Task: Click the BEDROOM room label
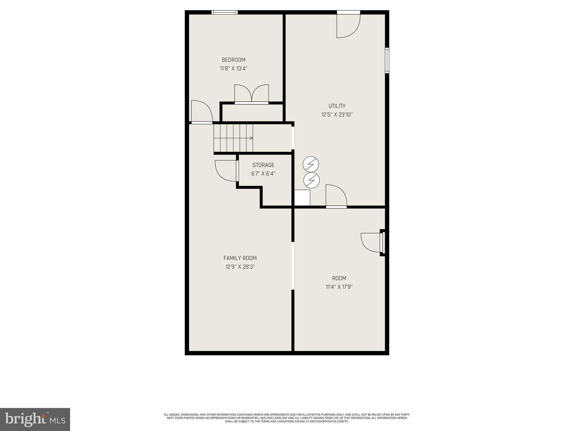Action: (233, 60)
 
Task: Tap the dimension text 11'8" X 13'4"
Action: (233, 68)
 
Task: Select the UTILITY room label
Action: (337, 106)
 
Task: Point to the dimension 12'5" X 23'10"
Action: (337, 114)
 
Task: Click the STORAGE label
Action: (263, 165)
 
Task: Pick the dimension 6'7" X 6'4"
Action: (263, 174)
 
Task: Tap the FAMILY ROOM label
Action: (240, 258)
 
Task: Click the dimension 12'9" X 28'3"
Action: (240, 267)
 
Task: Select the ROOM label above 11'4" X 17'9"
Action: (339, 278)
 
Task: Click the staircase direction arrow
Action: (251, 138)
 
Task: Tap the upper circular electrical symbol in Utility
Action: (311, 165)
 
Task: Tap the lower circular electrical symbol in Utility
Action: (311, 180)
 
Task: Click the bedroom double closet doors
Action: (251, 94)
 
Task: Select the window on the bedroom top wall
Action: (224, 12)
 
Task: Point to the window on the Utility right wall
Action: (387, 60)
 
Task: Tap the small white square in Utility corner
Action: (302, 198)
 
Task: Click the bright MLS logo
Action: (35, 419)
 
